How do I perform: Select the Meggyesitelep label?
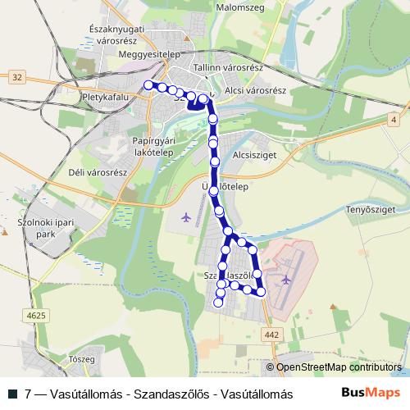click(148, 54)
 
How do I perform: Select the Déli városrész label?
click(97, 173)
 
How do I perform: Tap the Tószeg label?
click(84, 359)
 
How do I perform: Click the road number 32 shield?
click(18, 76)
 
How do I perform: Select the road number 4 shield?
click(394, 121)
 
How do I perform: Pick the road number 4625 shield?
click(37, 315)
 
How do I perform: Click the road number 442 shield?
click(274, 334)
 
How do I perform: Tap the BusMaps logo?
click(371, 393)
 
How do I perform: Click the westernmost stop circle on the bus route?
click(148, 84)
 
